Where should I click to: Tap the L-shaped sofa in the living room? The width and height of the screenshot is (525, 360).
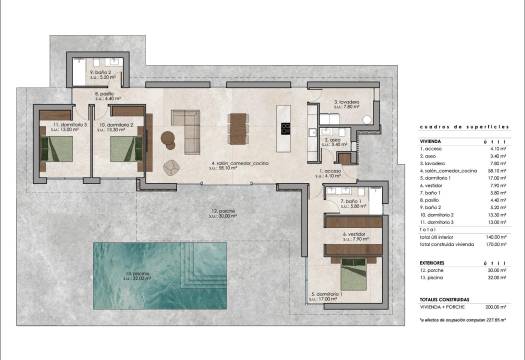[x=184, y=126]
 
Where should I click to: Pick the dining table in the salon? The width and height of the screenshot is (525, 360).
[x=237, y=127]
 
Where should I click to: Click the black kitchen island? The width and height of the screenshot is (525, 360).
[x=285, y=127]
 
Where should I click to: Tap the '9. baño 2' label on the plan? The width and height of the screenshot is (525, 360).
[x=101, y=72]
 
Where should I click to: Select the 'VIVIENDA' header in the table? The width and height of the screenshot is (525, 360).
[x=432, y=142]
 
